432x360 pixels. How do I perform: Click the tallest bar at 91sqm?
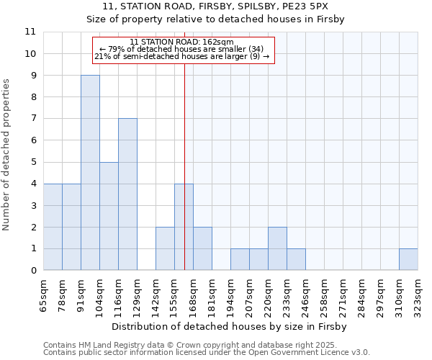tap(90, 173)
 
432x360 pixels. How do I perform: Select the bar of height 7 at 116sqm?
tap(127, 194)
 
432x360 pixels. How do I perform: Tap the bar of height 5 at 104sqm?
tap(109, 216)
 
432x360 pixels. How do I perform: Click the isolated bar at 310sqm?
tap(408, 259)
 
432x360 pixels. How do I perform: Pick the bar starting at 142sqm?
tap(165, 248)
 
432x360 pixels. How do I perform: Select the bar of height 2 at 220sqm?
tap(277, 248)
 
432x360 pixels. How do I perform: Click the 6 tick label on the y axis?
tap(33, 140)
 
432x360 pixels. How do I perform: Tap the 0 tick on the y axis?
tap(33, 271)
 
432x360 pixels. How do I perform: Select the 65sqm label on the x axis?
tap(43, 293)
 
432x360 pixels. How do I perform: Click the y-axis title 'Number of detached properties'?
tap(6, 155)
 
